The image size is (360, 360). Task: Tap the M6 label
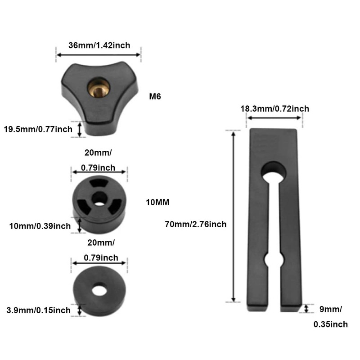155,96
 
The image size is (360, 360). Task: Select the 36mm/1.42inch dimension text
99,45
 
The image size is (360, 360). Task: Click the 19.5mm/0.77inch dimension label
38,129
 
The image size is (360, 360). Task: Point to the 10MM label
158,202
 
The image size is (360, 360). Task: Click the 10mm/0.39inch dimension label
40,226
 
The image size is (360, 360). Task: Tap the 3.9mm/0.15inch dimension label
39,310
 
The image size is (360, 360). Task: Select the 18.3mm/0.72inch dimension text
275,108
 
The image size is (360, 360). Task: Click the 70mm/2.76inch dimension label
196,224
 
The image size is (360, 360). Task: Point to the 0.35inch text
331,324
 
